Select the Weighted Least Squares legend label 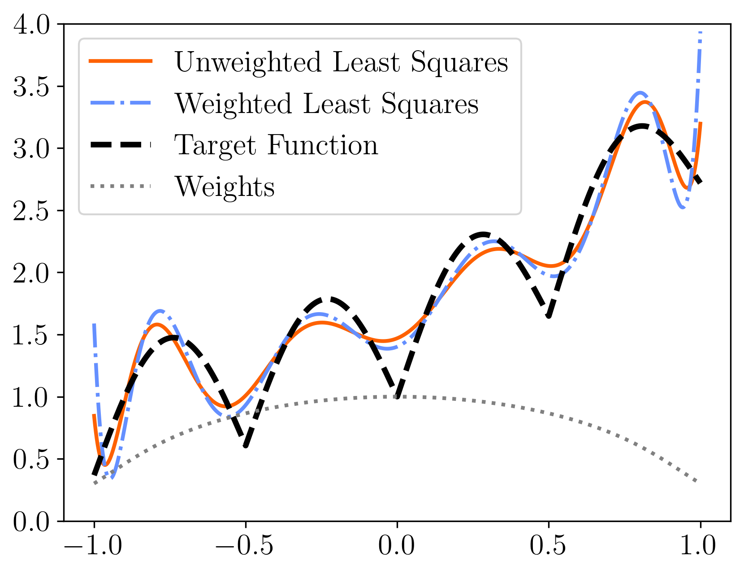(326, 104)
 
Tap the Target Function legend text (276, 145)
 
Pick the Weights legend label (224, 187)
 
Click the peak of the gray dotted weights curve (397, 396)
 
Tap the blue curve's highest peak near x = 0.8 (640, 93)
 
